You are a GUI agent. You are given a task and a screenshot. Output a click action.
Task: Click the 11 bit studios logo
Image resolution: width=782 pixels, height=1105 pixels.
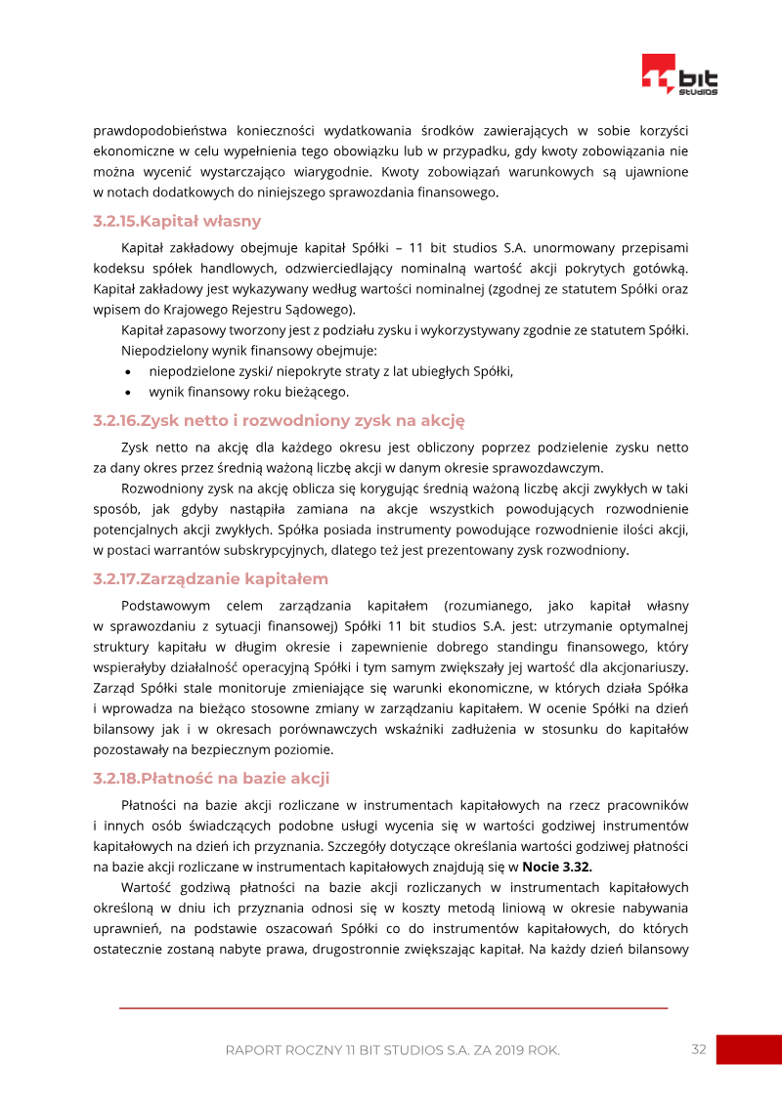679,75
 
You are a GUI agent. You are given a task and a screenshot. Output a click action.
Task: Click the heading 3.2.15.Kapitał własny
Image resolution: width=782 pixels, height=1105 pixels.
177,221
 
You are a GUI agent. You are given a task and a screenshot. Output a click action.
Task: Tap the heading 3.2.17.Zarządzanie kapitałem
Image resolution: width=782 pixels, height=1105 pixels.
210,579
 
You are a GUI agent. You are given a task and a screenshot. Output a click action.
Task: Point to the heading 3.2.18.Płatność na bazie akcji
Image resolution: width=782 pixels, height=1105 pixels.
211,778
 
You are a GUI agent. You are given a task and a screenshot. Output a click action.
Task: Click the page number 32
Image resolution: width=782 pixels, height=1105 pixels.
698,1049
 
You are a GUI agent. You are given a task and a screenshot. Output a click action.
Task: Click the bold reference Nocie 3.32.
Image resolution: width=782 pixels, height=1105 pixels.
557,866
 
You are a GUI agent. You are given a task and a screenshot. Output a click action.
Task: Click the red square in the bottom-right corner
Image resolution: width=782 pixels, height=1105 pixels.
748,1049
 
